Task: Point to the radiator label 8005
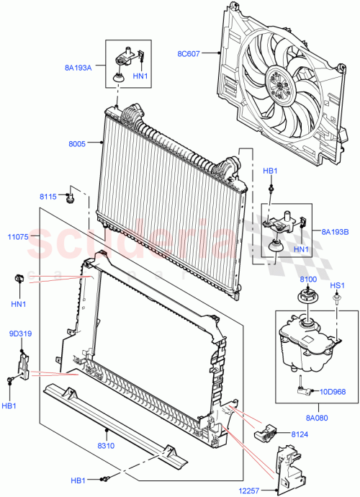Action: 76,144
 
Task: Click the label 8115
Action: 48,196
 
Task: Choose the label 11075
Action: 18,236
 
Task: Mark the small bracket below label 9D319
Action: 24,364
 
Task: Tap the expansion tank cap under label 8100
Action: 305,297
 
